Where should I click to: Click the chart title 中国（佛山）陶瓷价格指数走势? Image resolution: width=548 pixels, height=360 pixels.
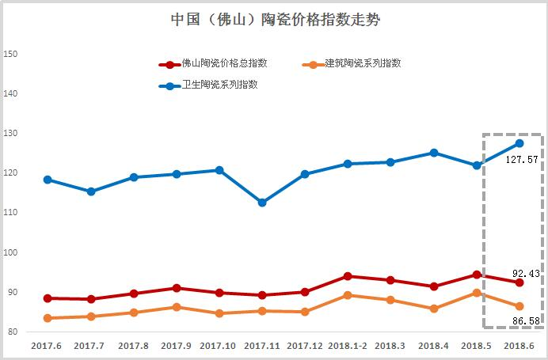(x=275, y=20)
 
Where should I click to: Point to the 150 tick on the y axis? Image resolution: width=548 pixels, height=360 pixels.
(x=11, y=55)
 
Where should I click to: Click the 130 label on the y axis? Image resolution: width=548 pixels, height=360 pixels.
(x=11, y=134)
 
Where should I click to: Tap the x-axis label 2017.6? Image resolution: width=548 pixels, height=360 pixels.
(x=48, y=346)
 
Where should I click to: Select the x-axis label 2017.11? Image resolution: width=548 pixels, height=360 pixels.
(x=261, y=346)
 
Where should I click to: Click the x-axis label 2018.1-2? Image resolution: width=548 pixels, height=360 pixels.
(x=347, y=346)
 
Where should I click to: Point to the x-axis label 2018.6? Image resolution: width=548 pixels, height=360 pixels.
(x=519, y=346)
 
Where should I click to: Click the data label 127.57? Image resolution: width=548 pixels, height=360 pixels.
(x=523, y=159)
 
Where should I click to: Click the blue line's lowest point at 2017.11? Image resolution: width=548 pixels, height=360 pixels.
(x=262, y=203)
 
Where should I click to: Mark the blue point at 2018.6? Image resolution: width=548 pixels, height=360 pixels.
(x=519, y=143)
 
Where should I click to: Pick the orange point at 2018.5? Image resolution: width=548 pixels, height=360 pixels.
(x=477, y=293)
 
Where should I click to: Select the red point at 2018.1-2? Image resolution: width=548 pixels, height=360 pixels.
(x=348, y=276)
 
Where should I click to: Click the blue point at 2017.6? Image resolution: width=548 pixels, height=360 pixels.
(x=48, y=180)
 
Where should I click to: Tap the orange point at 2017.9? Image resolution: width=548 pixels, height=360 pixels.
(x=177, y=307)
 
